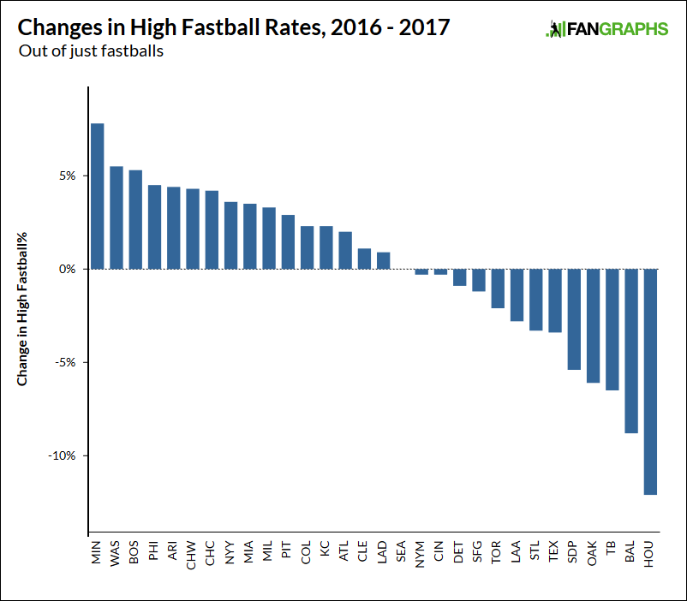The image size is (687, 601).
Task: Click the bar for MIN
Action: [98, 196]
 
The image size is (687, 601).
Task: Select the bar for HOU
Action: [650, 382]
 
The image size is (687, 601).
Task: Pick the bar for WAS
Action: [116, 217]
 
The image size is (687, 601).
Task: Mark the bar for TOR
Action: [498, 289]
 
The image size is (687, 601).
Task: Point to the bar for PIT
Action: [288, 242]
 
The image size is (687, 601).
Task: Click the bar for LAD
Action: [384, 260]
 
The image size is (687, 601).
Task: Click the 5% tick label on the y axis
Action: [68, 176]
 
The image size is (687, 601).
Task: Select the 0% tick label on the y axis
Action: [68, 269]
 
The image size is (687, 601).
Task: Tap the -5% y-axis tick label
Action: [65, 362]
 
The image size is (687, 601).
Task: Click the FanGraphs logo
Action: [606, 30]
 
